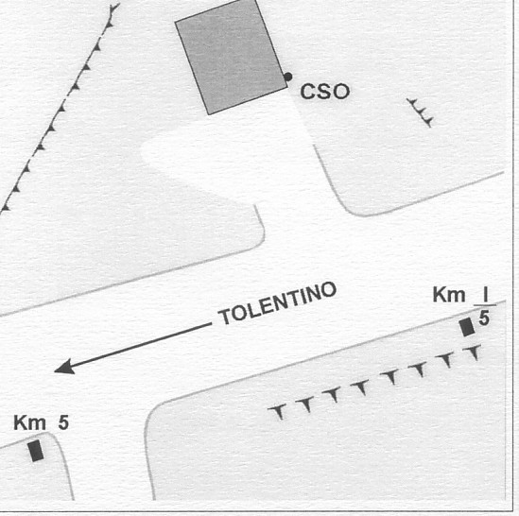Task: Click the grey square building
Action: [x=231, y=57]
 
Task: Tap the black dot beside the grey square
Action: [x=288, y=77]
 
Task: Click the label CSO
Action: [x=324, y=92]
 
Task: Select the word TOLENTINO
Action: [x=277, y=303]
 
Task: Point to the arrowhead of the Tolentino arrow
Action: [x=64, y=368]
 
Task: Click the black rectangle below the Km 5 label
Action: [x=36, y=451]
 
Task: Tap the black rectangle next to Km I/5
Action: [x=467, y=327]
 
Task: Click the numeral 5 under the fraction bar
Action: [x=484, y=318]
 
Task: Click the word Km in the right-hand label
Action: [x=449, y=295]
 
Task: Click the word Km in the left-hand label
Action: [x=29, y=423]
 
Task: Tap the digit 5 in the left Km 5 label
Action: [x=63, y=423]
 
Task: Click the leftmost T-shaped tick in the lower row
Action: [x=278, y=411]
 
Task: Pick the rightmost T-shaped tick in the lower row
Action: [x=474, y=352]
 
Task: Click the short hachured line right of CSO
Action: [x=420, y=112]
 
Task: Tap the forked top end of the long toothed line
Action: [x=114, y=9]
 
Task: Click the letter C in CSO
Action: [x=308, y=92]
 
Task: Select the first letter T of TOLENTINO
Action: [x=225, y=318]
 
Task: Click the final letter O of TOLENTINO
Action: [x=329, y=290]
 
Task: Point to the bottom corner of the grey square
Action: [x=208, y=114]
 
